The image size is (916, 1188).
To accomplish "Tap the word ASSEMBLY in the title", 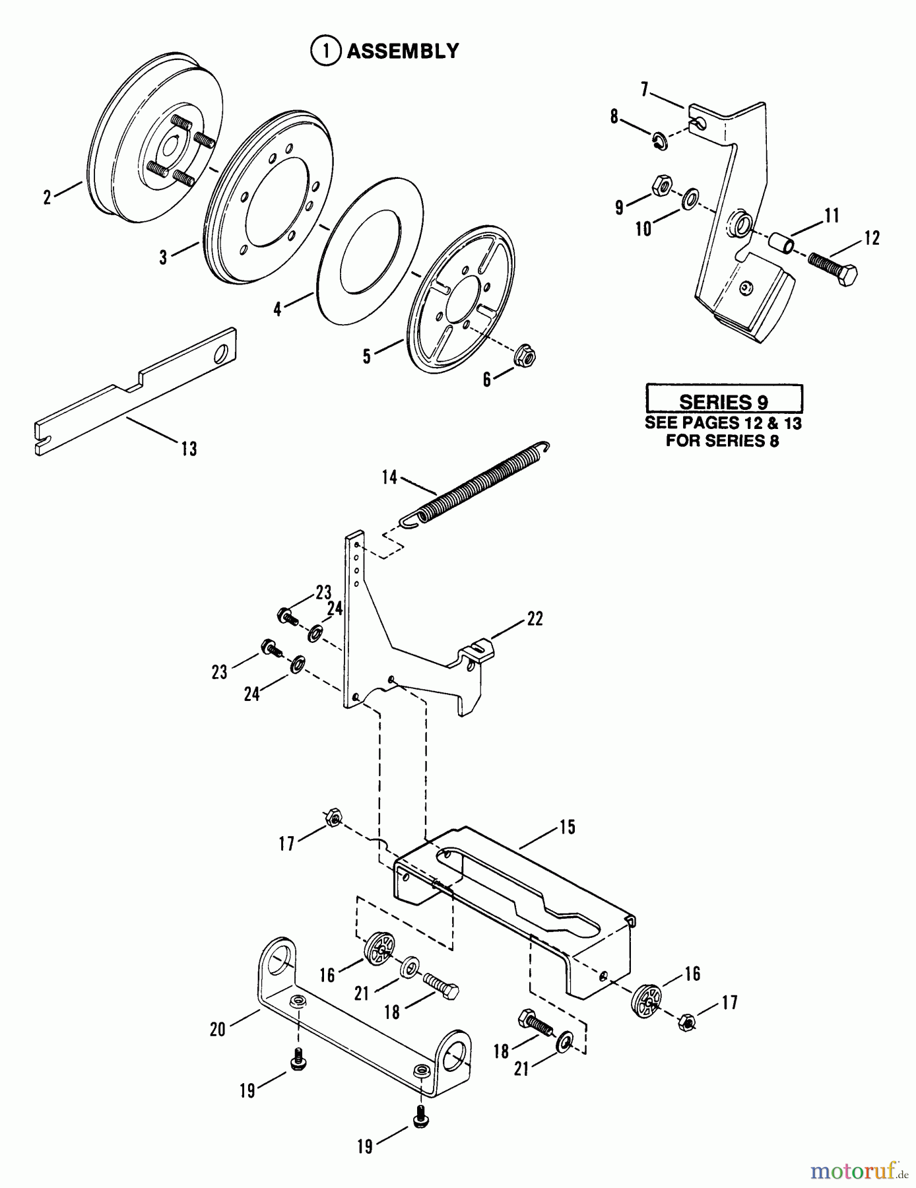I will point(403,51).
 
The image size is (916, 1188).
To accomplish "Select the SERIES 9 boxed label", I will point(724,401).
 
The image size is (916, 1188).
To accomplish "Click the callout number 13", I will point(189,449).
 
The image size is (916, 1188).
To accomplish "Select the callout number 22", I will point(535,618).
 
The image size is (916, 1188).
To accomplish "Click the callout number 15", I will point(568,826).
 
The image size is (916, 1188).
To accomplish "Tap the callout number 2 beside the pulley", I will point(47,197).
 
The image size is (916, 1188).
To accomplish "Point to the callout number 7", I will point(645,88).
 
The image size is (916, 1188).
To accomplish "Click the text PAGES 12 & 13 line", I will point(723,423).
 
